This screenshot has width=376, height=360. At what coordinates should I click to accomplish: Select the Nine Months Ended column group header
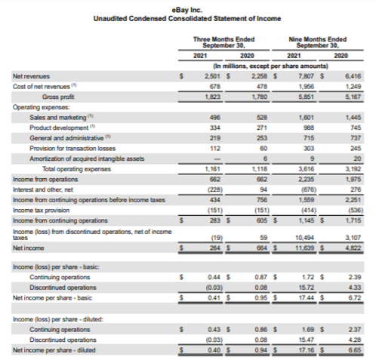click(318, 41)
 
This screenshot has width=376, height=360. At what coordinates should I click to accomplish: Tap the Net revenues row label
click(29, 76)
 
